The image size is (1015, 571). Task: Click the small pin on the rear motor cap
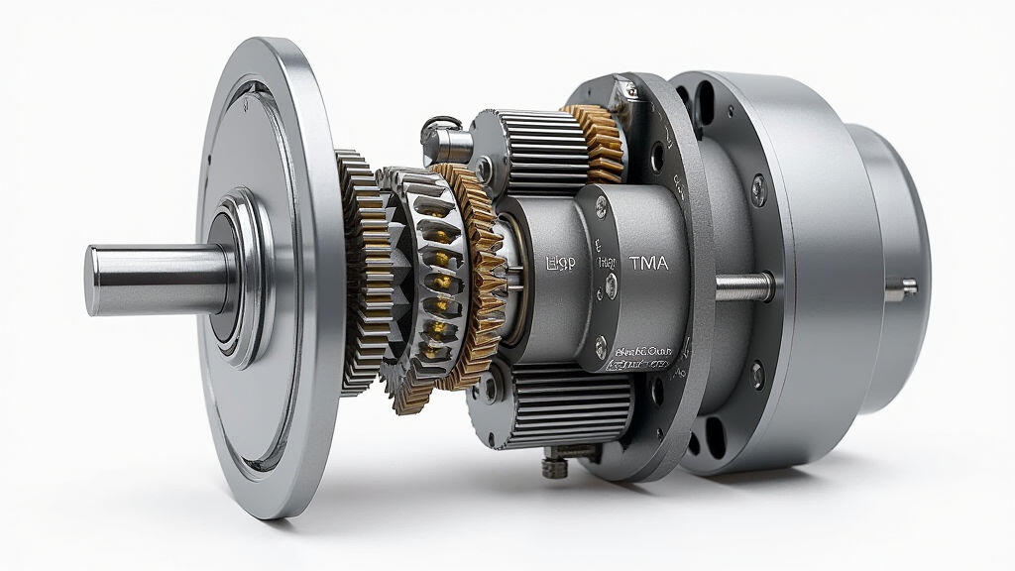point(908,288)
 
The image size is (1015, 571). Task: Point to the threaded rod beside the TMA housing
point(743,286)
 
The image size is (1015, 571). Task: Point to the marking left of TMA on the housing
point(561,265)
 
